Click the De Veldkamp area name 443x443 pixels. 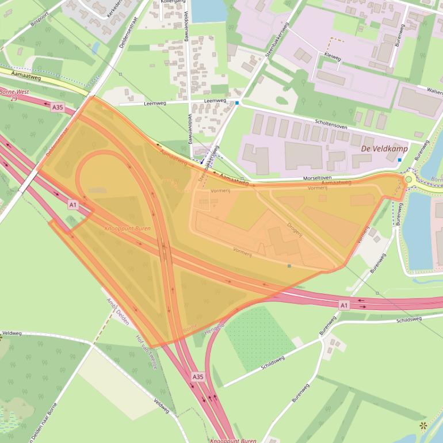click(384, 148)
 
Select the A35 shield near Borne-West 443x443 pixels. click(58, 108)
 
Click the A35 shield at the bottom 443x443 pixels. click(197, 377)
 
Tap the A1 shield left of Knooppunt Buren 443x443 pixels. click(73, 204)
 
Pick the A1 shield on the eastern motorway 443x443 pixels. click(343, 305)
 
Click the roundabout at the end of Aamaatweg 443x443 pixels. click(409, 180)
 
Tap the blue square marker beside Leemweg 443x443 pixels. click(237, 103)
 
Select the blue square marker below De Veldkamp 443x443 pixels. click(399, 160)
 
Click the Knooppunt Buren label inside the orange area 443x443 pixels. click(127, 228)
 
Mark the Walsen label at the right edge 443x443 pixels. click(435, 91)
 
